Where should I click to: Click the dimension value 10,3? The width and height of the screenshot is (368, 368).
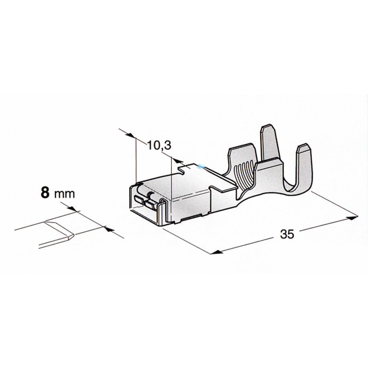159,145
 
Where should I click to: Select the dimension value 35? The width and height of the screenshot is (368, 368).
287,234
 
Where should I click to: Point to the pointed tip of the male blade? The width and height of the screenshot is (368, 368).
73,234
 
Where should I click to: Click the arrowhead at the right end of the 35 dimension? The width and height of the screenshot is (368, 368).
353,217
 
